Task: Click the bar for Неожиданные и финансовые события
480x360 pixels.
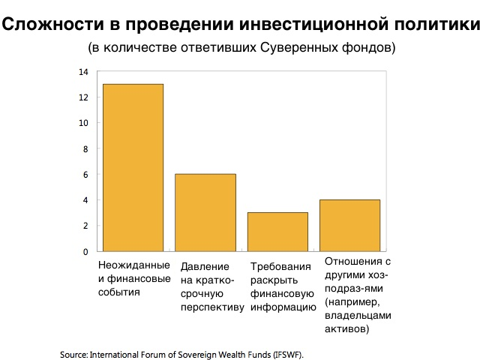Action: [x=133, y=167]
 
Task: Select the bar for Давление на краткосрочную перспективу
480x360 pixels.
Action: [x=205, y=212]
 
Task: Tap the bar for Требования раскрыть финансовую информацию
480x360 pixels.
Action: [x=277, y=232]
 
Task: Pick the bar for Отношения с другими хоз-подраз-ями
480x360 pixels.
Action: [x=349, y=225]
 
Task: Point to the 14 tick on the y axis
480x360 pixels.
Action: [x=83, y=72]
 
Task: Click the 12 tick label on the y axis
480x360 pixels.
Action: [x=83, y=97]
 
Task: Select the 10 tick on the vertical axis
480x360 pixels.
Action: [x=83, y=123]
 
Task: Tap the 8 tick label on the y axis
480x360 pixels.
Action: [x=85, y=148]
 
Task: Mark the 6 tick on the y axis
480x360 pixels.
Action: [x=85, y=175]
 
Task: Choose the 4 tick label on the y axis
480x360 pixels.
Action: [x=85, y=200]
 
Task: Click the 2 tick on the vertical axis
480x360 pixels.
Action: [x=85, y=226]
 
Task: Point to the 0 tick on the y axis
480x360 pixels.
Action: [x=85, y=251]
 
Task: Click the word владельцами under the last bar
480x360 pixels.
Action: [x=357, y=316]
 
